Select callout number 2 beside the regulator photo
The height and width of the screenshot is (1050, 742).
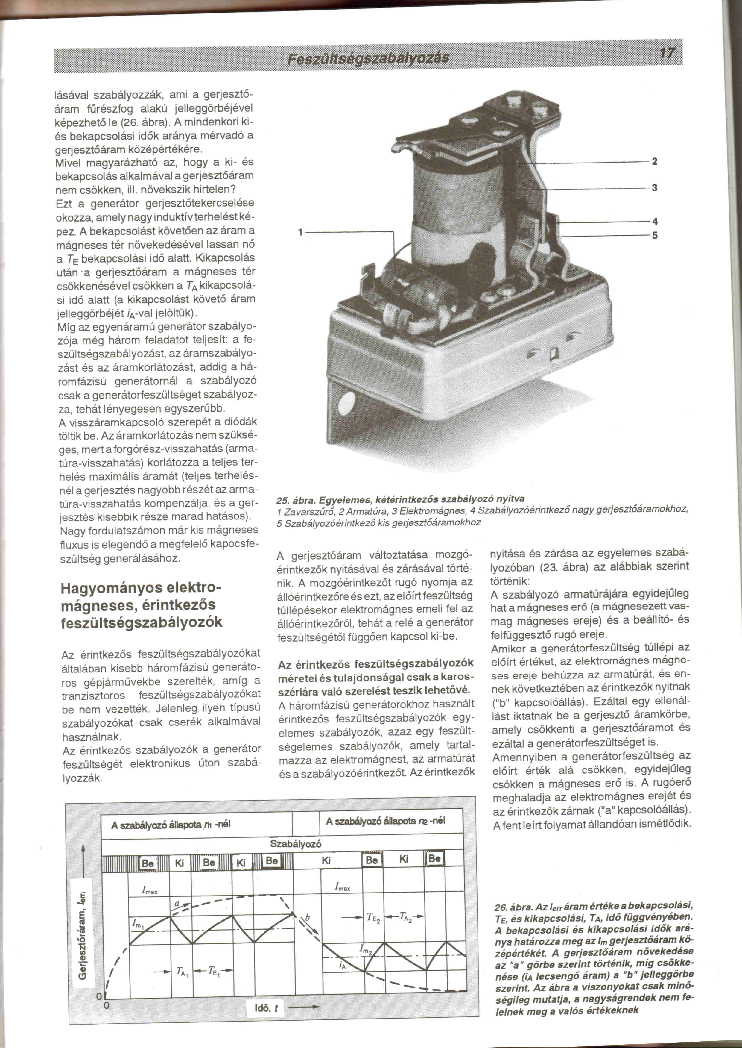654,161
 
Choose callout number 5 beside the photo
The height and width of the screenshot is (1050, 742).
654,236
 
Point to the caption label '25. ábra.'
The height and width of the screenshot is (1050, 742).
295,499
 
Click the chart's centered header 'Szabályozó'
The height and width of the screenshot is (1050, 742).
296,844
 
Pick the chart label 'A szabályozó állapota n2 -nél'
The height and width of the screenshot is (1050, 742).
385,821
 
